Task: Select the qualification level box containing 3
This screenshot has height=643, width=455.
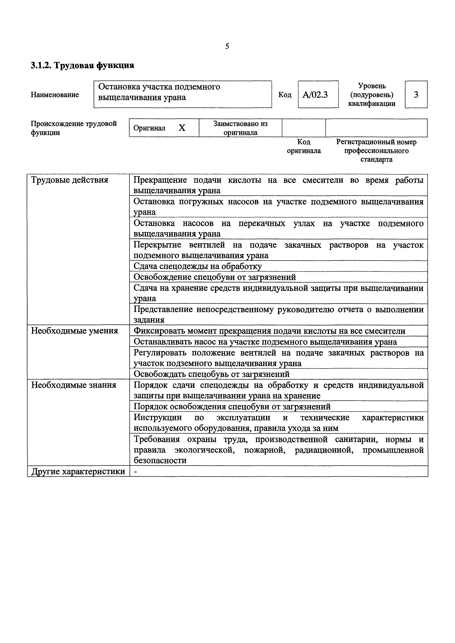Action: point(416,95)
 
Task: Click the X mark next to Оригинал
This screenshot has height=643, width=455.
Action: point(182,128)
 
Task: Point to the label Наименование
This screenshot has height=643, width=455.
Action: point(55,95)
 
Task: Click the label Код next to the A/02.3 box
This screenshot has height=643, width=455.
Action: point(285,95)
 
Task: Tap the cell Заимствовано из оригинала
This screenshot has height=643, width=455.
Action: point(240,128)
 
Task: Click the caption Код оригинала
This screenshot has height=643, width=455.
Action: point(304,146)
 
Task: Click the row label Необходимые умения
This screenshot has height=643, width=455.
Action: point(74,331)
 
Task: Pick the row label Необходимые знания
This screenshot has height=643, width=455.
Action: point(73,385)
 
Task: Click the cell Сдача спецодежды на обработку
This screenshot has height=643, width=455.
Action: point(197,266)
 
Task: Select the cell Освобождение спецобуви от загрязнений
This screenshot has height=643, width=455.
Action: point(214,277)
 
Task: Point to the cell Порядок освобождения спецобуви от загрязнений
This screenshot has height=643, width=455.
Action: point(232,406)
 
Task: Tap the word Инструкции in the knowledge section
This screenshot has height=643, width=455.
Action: point(158,417)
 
